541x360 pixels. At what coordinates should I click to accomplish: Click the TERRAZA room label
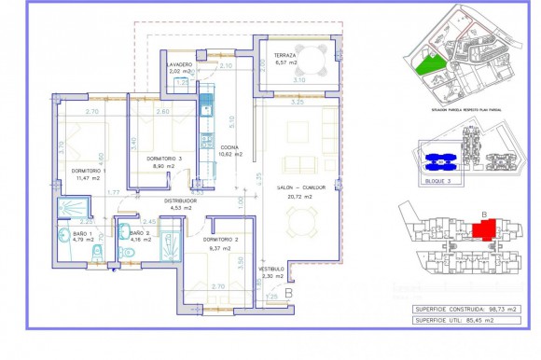pyautogui.click(x=286, y=56)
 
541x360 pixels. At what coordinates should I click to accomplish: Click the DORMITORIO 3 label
pyautogui.click(x=164, y=159)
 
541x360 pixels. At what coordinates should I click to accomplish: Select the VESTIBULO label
pyautogui.click(x=271, y=268)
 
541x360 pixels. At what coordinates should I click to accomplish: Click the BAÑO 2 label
pyautogui.click(x=139, y=232)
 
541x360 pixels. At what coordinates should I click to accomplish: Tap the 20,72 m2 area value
pyautogui.click(x=300, y=197)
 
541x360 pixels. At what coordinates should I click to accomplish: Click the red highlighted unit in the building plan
pyautogui.click(x=481, y=232)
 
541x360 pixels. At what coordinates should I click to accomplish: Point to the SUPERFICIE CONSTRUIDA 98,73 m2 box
pyautogui.click(x=463, y=307)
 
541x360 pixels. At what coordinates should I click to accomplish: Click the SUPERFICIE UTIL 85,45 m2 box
pyautogui.click(x=463, y=319)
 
